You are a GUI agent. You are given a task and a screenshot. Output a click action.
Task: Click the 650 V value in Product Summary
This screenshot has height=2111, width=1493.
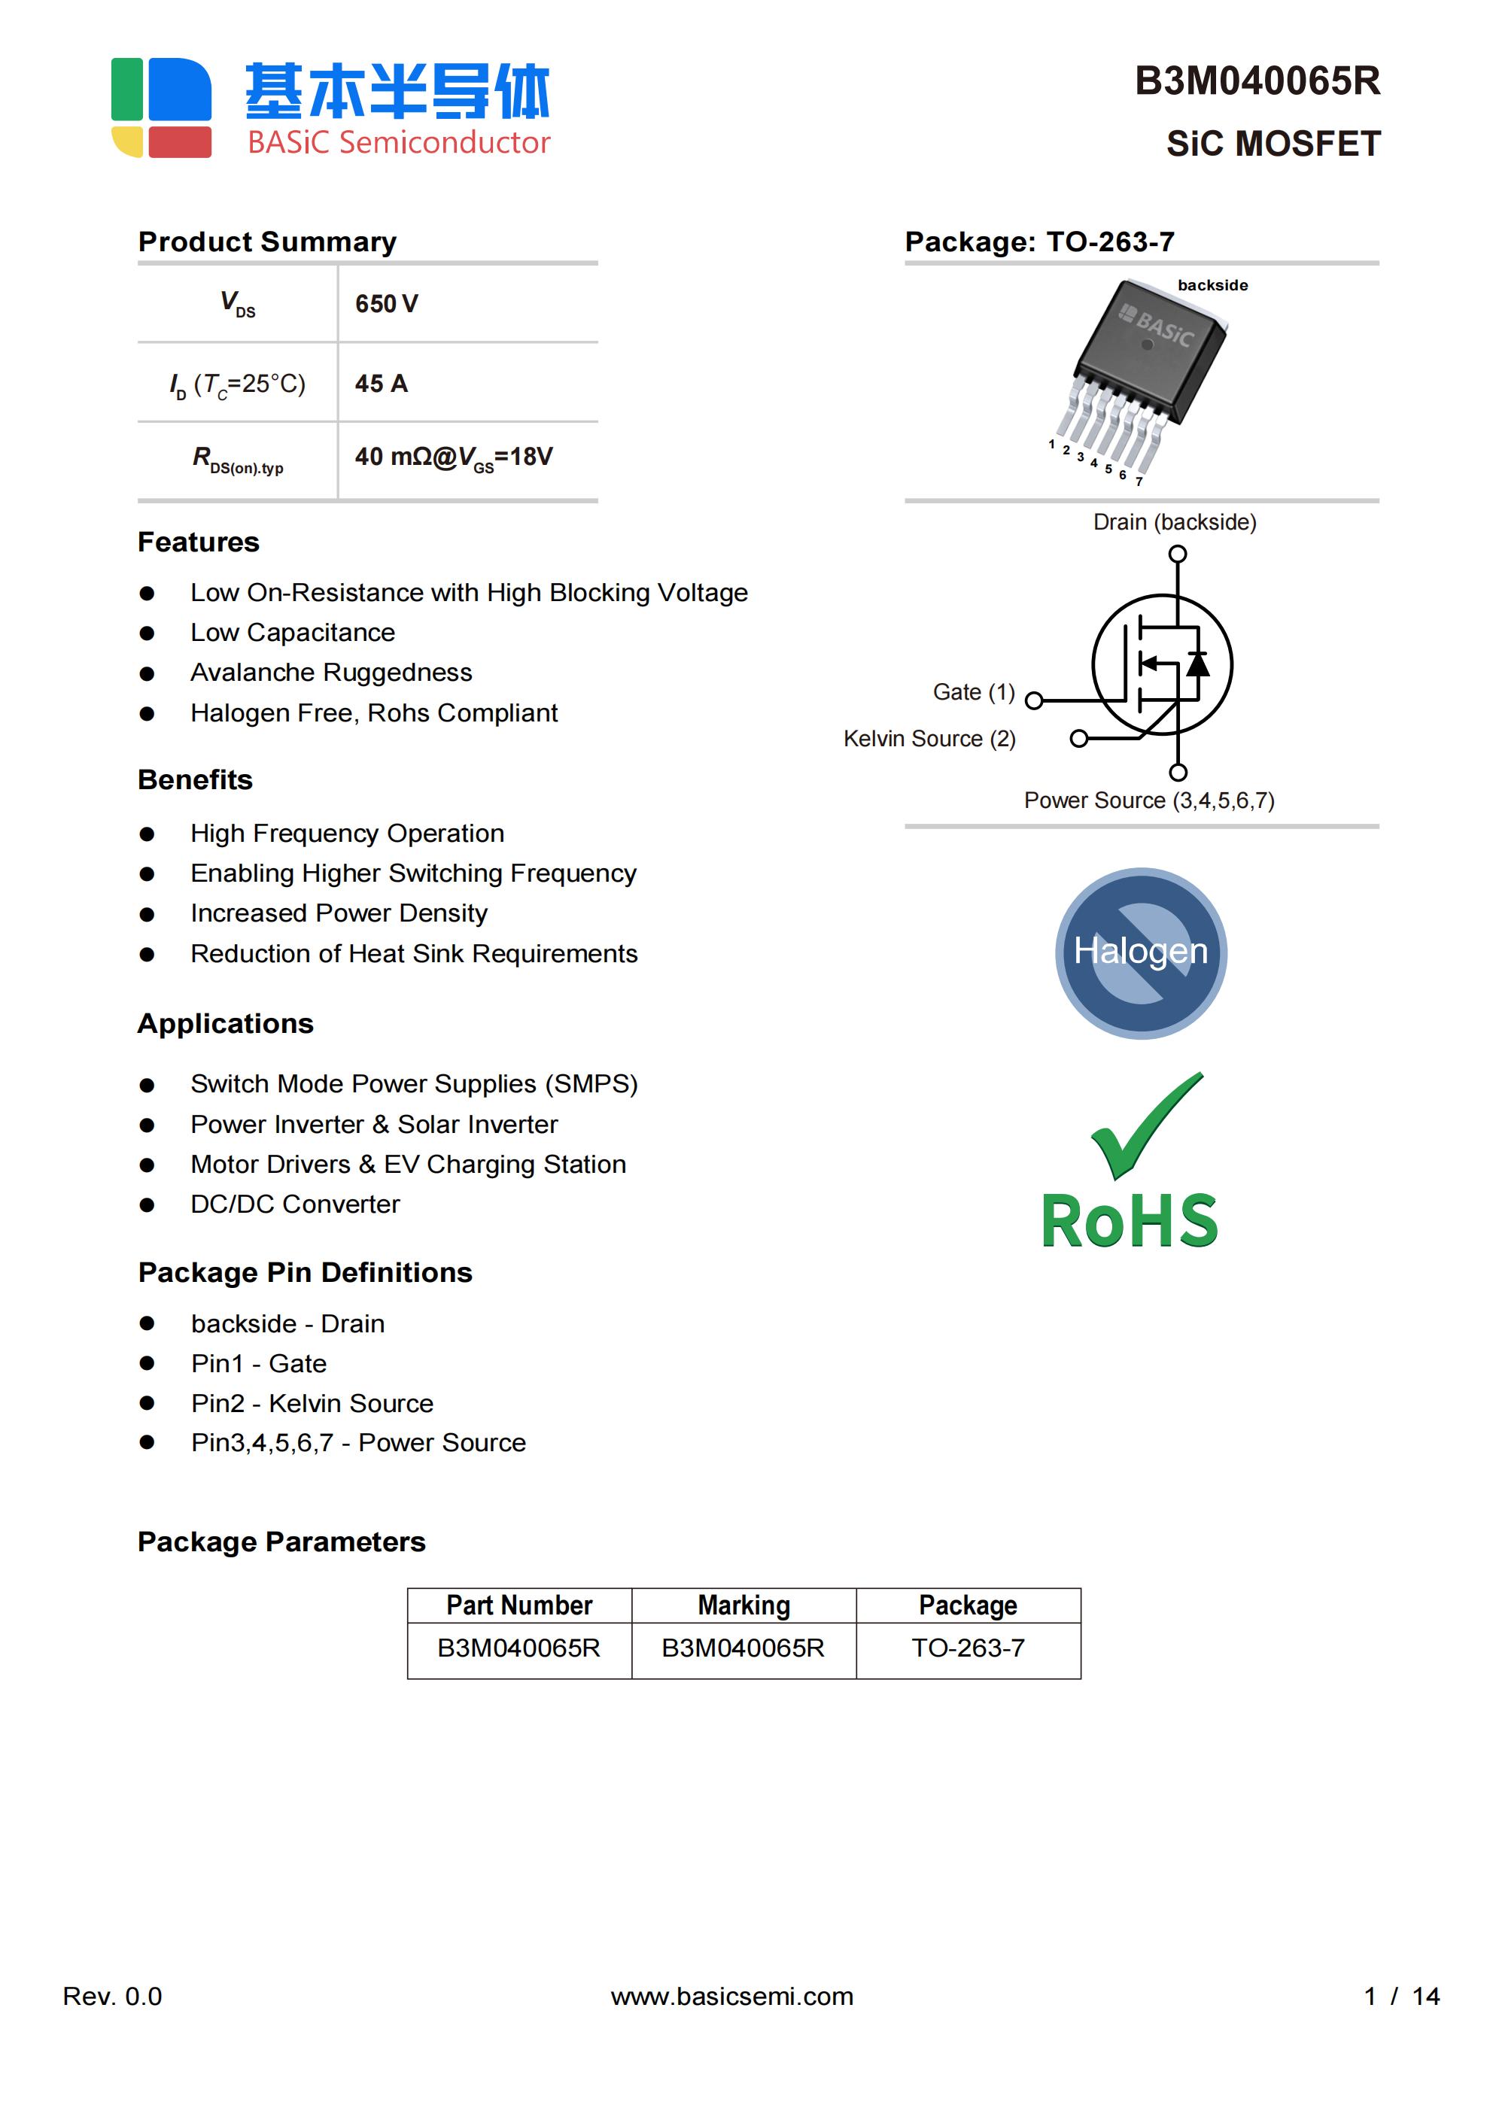[x=386, y=303]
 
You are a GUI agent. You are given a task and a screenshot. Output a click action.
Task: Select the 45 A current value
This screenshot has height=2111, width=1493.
[x=381, y=384]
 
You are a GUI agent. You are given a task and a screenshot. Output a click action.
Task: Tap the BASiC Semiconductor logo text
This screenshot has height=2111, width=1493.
[x=398, y=142]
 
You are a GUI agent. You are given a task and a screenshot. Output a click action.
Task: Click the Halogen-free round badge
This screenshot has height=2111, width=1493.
[x=1141, y=952]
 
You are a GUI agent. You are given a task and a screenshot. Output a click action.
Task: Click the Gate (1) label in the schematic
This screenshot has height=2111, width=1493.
[x=973, y=692]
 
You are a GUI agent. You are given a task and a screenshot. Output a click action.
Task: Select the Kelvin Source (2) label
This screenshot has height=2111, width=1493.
[x=929, y=740]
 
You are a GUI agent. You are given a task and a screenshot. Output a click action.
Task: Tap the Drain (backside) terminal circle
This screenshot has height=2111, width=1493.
[x=1178, y=554]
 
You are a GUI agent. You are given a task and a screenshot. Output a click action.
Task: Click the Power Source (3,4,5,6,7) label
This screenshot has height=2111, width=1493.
[x=1149, y=800]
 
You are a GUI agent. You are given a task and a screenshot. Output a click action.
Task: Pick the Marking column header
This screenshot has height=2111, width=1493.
[x=743, y=1605]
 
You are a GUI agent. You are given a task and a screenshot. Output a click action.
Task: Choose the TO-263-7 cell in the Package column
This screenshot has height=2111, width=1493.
[x=968, y=1648]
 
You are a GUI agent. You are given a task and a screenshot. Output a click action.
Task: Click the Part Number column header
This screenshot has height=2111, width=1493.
[x=518, y=1605]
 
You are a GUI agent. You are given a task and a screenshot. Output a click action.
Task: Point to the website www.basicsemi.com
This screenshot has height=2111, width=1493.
[x=732, y=1996]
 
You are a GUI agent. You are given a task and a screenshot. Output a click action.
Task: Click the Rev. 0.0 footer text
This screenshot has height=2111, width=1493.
[x=112, y=1996]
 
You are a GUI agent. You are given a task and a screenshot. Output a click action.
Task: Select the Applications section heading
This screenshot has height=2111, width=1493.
[x=225, y=1023]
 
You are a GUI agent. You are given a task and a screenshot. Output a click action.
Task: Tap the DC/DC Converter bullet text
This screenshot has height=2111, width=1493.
[x=295, y=1204]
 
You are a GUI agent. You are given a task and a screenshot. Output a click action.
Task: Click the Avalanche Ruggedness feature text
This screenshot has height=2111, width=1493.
[x=331, y=673]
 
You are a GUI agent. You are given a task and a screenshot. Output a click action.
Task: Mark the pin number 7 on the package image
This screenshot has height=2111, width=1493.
[x=1139, y=481]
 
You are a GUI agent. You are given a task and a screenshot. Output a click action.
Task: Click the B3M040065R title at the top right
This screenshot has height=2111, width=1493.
[x=1257, y=82]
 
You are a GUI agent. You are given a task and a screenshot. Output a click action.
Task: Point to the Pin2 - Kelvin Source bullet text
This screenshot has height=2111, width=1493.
[x=312, y=1403]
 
